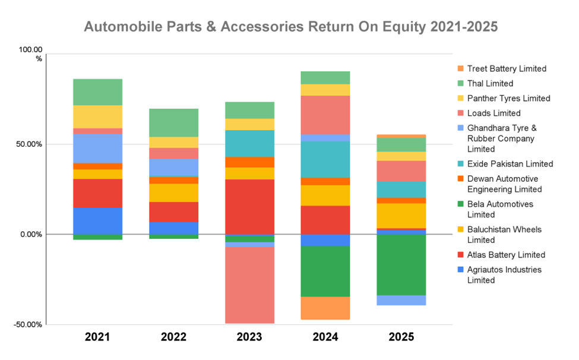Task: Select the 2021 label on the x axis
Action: point(97,337)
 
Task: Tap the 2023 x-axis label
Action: point(249,337)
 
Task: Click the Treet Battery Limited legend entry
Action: point(507,69)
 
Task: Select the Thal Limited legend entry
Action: point(490,84)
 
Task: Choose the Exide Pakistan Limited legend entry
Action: point(510,164)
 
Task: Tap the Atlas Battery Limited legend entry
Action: point(506,255)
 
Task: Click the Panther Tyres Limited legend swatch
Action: point(461,99)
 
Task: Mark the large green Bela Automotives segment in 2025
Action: point(401,265)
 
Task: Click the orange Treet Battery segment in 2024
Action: point(325,308)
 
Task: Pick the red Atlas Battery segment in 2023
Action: point(249,207)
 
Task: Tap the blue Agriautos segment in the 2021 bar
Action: point(97,221)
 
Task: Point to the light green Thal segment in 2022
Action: point(173,123)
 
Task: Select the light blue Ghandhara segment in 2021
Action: point(97,149)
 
